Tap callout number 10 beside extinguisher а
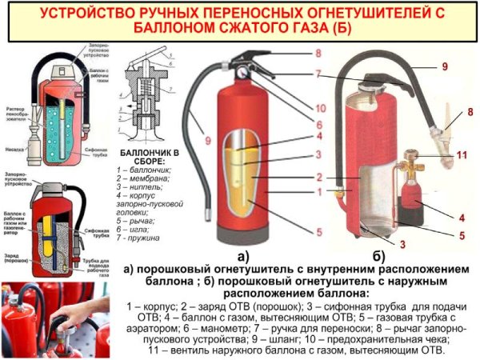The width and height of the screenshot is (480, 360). [298, 108]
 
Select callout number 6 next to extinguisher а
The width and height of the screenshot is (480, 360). [296, 125]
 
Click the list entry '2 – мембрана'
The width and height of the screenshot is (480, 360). [143, 178]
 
